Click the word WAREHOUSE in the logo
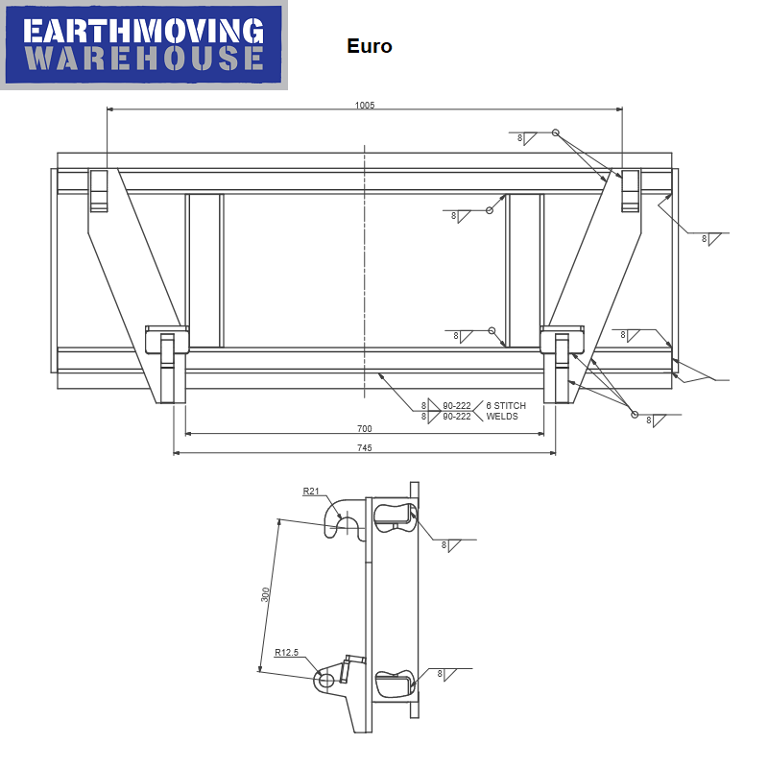(x=143, y=59)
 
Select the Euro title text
(x=370, y=46)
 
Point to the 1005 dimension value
(x=365, y=105)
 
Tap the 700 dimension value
(x=364, y=428)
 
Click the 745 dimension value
(x=364, y=447)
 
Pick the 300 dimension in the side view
(x=266, y=595)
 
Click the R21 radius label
(x=311, y=491)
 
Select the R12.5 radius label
(x=286, y=652)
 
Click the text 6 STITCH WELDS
(x=506, y=411)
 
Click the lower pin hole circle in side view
(x=325, y=679)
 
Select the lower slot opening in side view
(x=394, y=684)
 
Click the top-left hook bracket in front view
(x=99, y=190)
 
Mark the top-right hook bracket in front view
(x=630, y=190)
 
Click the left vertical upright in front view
(x=204, y=270)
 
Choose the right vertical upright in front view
(x=525, y=270)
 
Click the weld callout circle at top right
(x=555, y=132)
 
